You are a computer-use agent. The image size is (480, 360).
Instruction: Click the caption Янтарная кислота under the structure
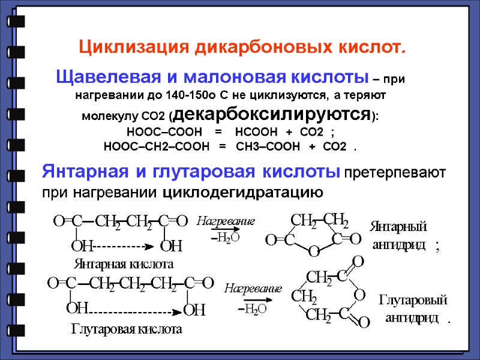[x=124, y=263]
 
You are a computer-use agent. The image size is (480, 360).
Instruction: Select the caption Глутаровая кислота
[x=126, y=329]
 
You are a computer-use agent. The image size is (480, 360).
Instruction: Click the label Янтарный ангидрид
[x=398, y=236]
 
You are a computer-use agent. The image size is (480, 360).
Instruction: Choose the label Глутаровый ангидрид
[x=413, y=308]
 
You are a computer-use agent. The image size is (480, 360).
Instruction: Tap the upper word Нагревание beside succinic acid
[x=226, y=221]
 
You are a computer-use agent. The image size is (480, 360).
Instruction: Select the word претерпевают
[x=395, y=173]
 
